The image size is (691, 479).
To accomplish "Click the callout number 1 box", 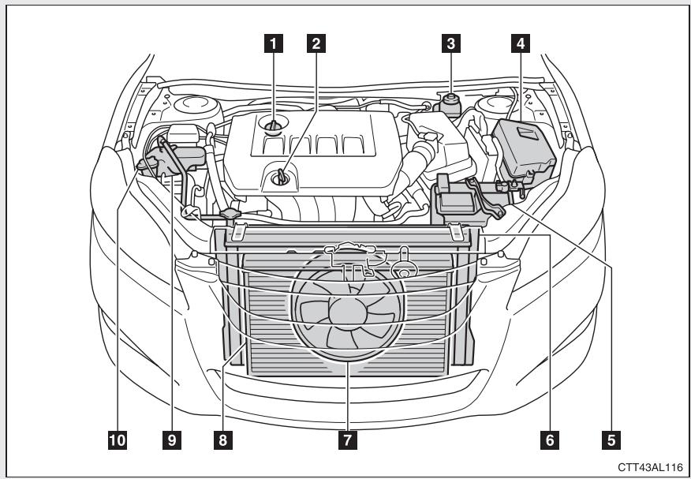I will click(x=275, y=44).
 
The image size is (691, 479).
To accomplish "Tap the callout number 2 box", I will click(x=316, y=44).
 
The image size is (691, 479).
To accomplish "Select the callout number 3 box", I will click(x=450, y=44).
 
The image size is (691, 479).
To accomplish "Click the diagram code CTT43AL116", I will click(x=650, y=467).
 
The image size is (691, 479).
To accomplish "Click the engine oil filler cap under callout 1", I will click(x=274, y=125).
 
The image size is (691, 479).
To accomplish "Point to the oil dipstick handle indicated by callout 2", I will click(x=279, y=178).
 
